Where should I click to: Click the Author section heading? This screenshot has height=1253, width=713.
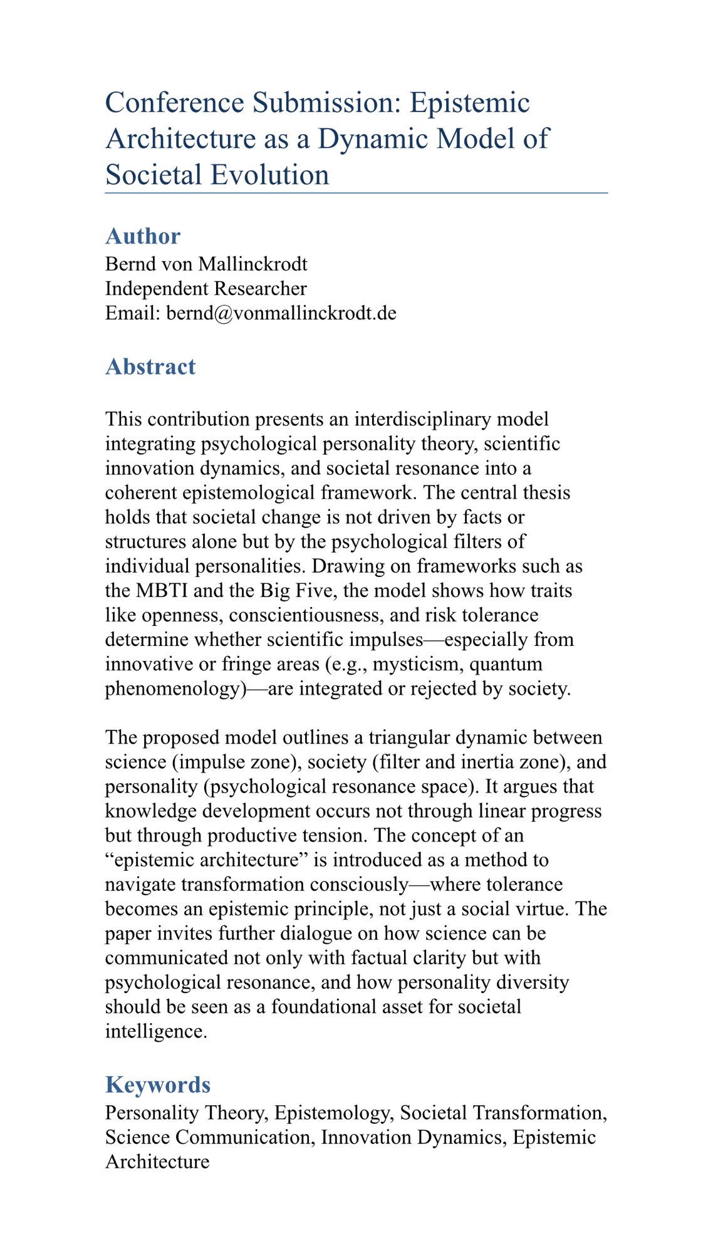pos(143,236)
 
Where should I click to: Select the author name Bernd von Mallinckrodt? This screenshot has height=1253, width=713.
pos(206,264)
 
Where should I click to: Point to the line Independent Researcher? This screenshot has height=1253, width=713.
pos(206,288)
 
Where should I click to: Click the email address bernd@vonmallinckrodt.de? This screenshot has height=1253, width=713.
pos(281,313)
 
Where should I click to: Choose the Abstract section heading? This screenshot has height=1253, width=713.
pos(150,367)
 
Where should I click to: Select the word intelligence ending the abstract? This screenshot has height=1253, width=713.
pos(155,1031)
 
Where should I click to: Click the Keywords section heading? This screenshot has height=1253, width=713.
pos(158,1084)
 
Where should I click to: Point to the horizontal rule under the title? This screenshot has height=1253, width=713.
pos(356,193)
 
